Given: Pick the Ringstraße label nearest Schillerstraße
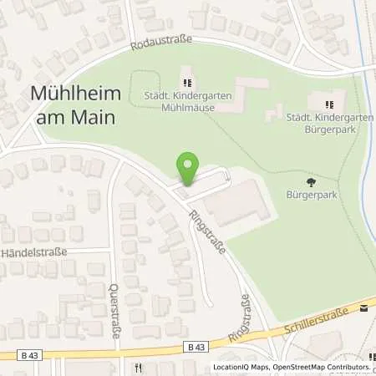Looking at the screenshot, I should (244, 309).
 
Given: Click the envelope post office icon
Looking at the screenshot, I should (363, 307).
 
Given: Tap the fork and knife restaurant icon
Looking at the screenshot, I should (135, 367).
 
